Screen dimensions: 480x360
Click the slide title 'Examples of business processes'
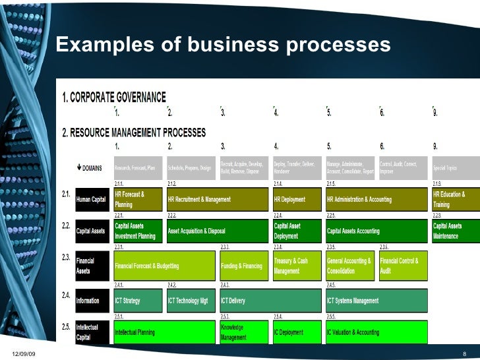(223, 45)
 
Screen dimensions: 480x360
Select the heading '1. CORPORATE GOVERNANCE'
(113, 97)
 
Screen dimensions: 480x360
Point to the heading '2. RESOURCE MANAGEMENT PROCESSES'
(133, 132)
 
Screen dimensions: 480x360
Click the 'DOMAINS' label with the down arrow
(90, 167)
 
